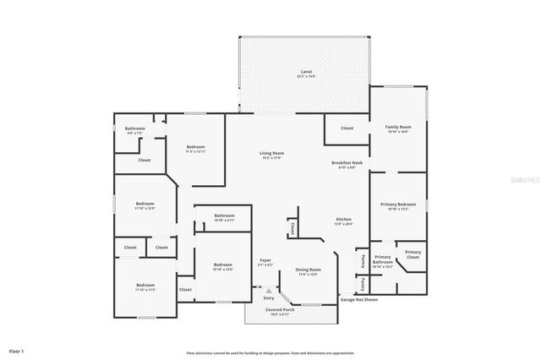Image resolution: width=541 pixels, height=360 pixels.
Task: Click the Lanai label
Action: coord(306,73)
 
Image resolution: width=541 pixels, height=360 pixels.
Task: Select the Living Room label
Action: coord(271,154)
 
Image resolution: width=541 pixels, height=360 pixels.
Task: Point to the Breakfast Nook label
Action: coord(347,163)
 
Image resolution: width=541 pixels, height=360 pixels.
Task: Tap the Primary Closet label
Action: coord(413,254)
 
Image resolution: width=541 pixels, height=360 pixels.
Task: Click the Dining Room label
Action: coord(307,271)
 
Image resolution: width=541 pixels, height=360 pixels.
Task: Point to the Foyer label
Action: coord(265,262)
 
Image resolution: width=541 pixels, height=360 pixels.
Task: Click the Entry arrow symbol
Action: coord(269,291)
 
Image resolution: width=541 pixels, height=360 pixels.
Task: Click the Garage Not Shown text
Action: coord(359,298)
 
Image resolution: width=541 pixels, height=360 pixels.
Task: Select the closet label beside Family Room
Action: coord(347,128)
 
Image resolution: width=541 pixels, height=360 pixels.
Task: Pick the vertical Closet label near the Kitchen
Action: coord(292,227)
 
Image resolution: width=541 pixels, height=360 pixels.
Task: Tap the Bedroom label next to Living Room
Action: coord(195,149)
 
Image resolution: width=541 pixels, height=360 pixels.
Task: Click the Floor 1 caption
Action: coord(17,350)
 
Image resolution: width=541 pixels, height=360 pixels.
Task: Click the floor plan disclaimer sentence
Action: coord(270,353)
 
